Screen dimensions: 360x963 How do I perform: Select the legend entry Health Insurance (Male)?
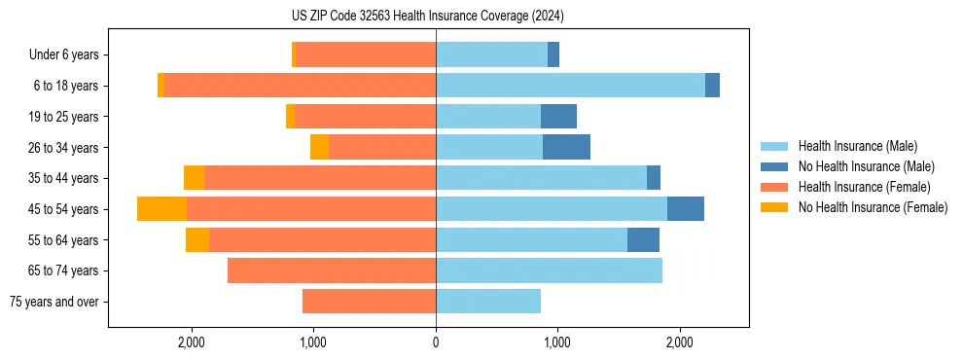tap(857, 146)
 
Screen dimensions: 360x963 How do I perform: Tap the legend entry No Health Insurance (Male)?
tap(866, 166)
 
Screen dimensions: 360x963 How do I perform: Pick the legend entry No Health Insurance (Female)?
tap(873, 207)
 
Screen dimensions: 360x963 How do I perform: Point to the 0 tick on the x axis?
tap(436, 342)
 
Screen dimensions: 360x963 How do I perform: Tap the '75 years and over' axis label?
tap(54, 302)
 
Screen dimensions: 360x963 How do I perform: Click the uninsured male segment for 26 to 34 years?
tap(566, 147)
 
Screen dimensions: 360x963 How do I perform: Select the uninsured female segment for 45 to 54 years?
tap(161, 209)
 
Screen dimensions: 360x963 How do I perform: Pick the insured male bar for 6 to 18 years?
tap(570, 86)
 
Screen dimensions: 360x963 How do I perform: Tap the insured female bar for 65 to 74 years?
tap(332, 270)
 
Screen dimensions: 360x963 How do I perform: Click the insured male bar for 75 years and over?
tap(488, 302)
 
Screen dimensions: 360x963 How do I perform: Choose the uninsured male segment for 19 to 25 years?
tap(558, 117)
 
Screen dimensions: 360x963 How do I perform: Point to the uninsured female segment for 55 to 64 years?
tap(197, 239)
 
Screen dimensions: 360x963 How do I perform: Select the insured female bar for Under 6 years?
tap(366, 55)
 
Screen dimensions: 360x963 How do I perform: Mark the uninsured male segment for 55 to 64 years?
tap(643, 239)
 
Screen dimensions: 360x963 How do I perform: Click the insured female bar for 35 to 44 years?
tap(320, 178)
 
